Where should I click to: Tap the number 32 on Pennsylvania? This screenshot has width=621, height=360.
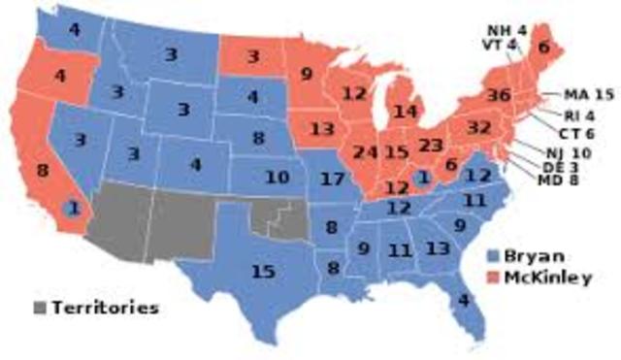(x=479, y=128)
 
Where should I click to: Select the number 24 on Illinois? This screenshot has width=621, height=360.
(x=366, y=152)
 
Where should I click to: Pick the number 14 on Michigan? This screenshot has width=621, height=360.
(x=406, y=113)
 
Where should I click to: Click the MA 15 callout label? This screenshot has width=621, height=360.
(x=589, y=95)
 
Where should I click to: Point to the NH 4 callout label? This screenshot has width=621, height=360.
(x=506, y=28)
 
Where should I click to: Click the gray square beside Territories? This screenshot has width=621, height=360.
(x=40, y=309)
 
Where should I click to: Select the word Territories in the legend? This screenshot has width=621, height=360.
(x=104, y=309)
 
